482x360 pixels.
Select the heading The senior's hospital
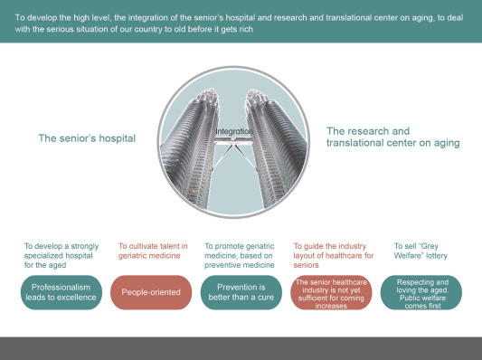87,138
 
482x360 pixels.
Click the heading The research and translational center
392,137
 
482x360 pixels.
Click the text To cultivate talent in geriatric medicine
153,251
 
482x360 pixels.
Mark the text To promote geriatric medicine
241,255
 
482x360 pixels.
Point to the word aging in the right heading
442,143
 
